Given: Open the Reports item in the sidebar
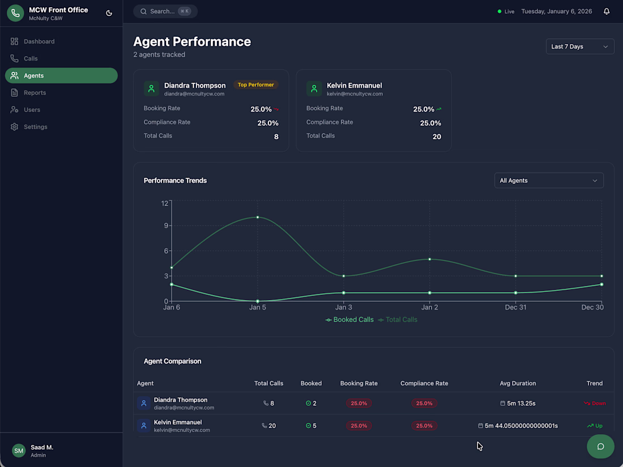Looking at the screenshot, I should (x=35, y=93).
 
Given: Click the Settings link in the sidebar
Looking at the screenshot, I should (x=35, y=127).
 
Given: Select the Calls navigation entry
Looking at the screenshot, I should (x=31, y=58).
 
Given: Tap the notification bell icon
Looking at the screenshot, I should (x=607, y=11).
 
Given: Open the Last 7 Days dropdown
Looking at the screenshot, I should (x=579, y=46).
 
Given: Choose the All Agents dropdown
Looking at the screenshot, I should (x=548, y=181).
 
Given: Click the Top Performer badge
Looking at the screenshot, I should (x=255, y=85).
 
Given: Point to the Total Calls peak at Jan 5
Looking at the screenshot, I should (x=258, y=217).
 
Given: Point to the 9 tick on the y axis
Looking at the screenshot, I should (x=165, y=226).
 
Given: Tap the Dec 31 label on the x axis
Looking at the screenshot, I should (x=515, y=307).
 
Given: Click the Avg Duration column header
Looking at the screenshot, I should (x=518, y=383).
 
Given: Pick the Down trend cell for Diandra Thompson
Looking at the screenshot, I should (x=595, y=404).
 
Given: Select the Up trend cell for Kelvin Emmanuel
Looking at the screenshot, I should (x=595, y=426).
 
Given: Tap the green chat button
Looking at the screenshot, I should (x=600, y=446).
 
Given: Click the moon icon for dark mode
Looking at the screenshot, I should (x=109, y=13).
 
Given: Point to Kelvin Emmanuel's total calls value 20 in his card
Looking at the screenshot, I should (x=437, y=136).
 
